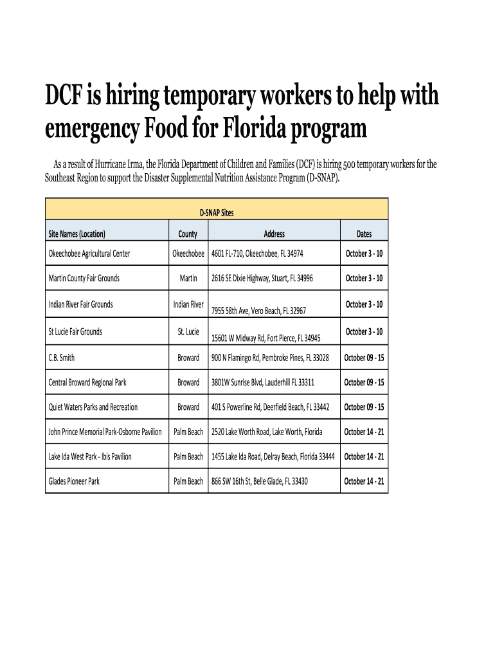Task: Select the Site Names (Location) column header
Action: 76,234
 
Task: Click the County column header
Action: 188,234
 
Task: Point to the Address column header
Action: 274,234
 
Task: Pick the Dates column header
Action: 364,234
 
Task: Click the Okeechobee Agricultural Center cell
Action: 89,254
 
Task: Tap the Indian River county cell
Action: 188,304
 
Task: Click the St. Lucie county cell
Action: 188,332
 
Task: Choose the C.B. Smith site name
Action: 62,358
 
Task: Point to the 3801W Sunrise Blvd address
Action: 263,382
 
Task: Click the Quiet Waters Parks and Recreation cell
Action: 93,407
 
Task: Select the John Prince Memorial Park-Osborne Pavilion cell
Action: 105,432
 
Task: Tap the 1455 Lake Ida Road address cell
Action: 273,457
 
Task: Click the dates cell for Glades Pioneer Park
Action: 364,481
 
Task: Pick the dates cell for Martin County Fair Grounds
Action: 364,279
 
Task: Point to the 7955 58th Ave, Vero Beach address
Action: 259,311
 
